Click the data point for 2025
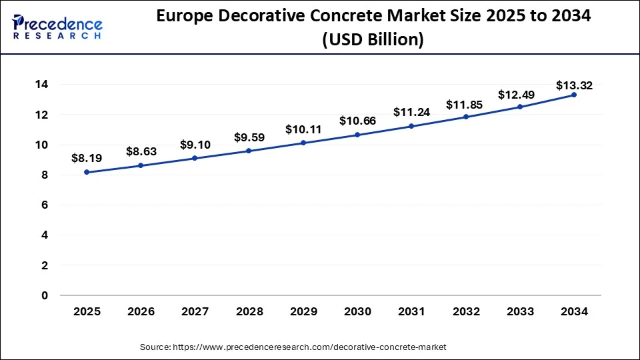[x=87, y=172]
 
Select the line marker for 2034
[x=574, y=95]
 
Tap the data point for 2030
[x=357, y=135]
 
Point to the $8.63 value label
[x=141, y=151]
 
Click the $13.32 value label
[x=574, y=85]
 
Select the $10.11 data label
[x=303, y=129]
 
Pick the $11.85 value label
[x=465, y=104]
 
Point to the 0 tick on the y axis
[x=45, y=295]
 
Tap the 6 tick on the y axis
[x=45, y=205]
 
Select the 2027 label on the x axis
[x=195, y=311]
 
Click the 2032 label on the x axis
[x=465, y=311]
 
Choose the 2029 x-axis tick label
[x=303, y=311]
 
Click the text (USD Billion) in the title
[x=373, y=40]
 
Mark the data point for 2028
[x=249, y=151]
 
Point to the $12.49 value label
[x=519, y=95]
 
